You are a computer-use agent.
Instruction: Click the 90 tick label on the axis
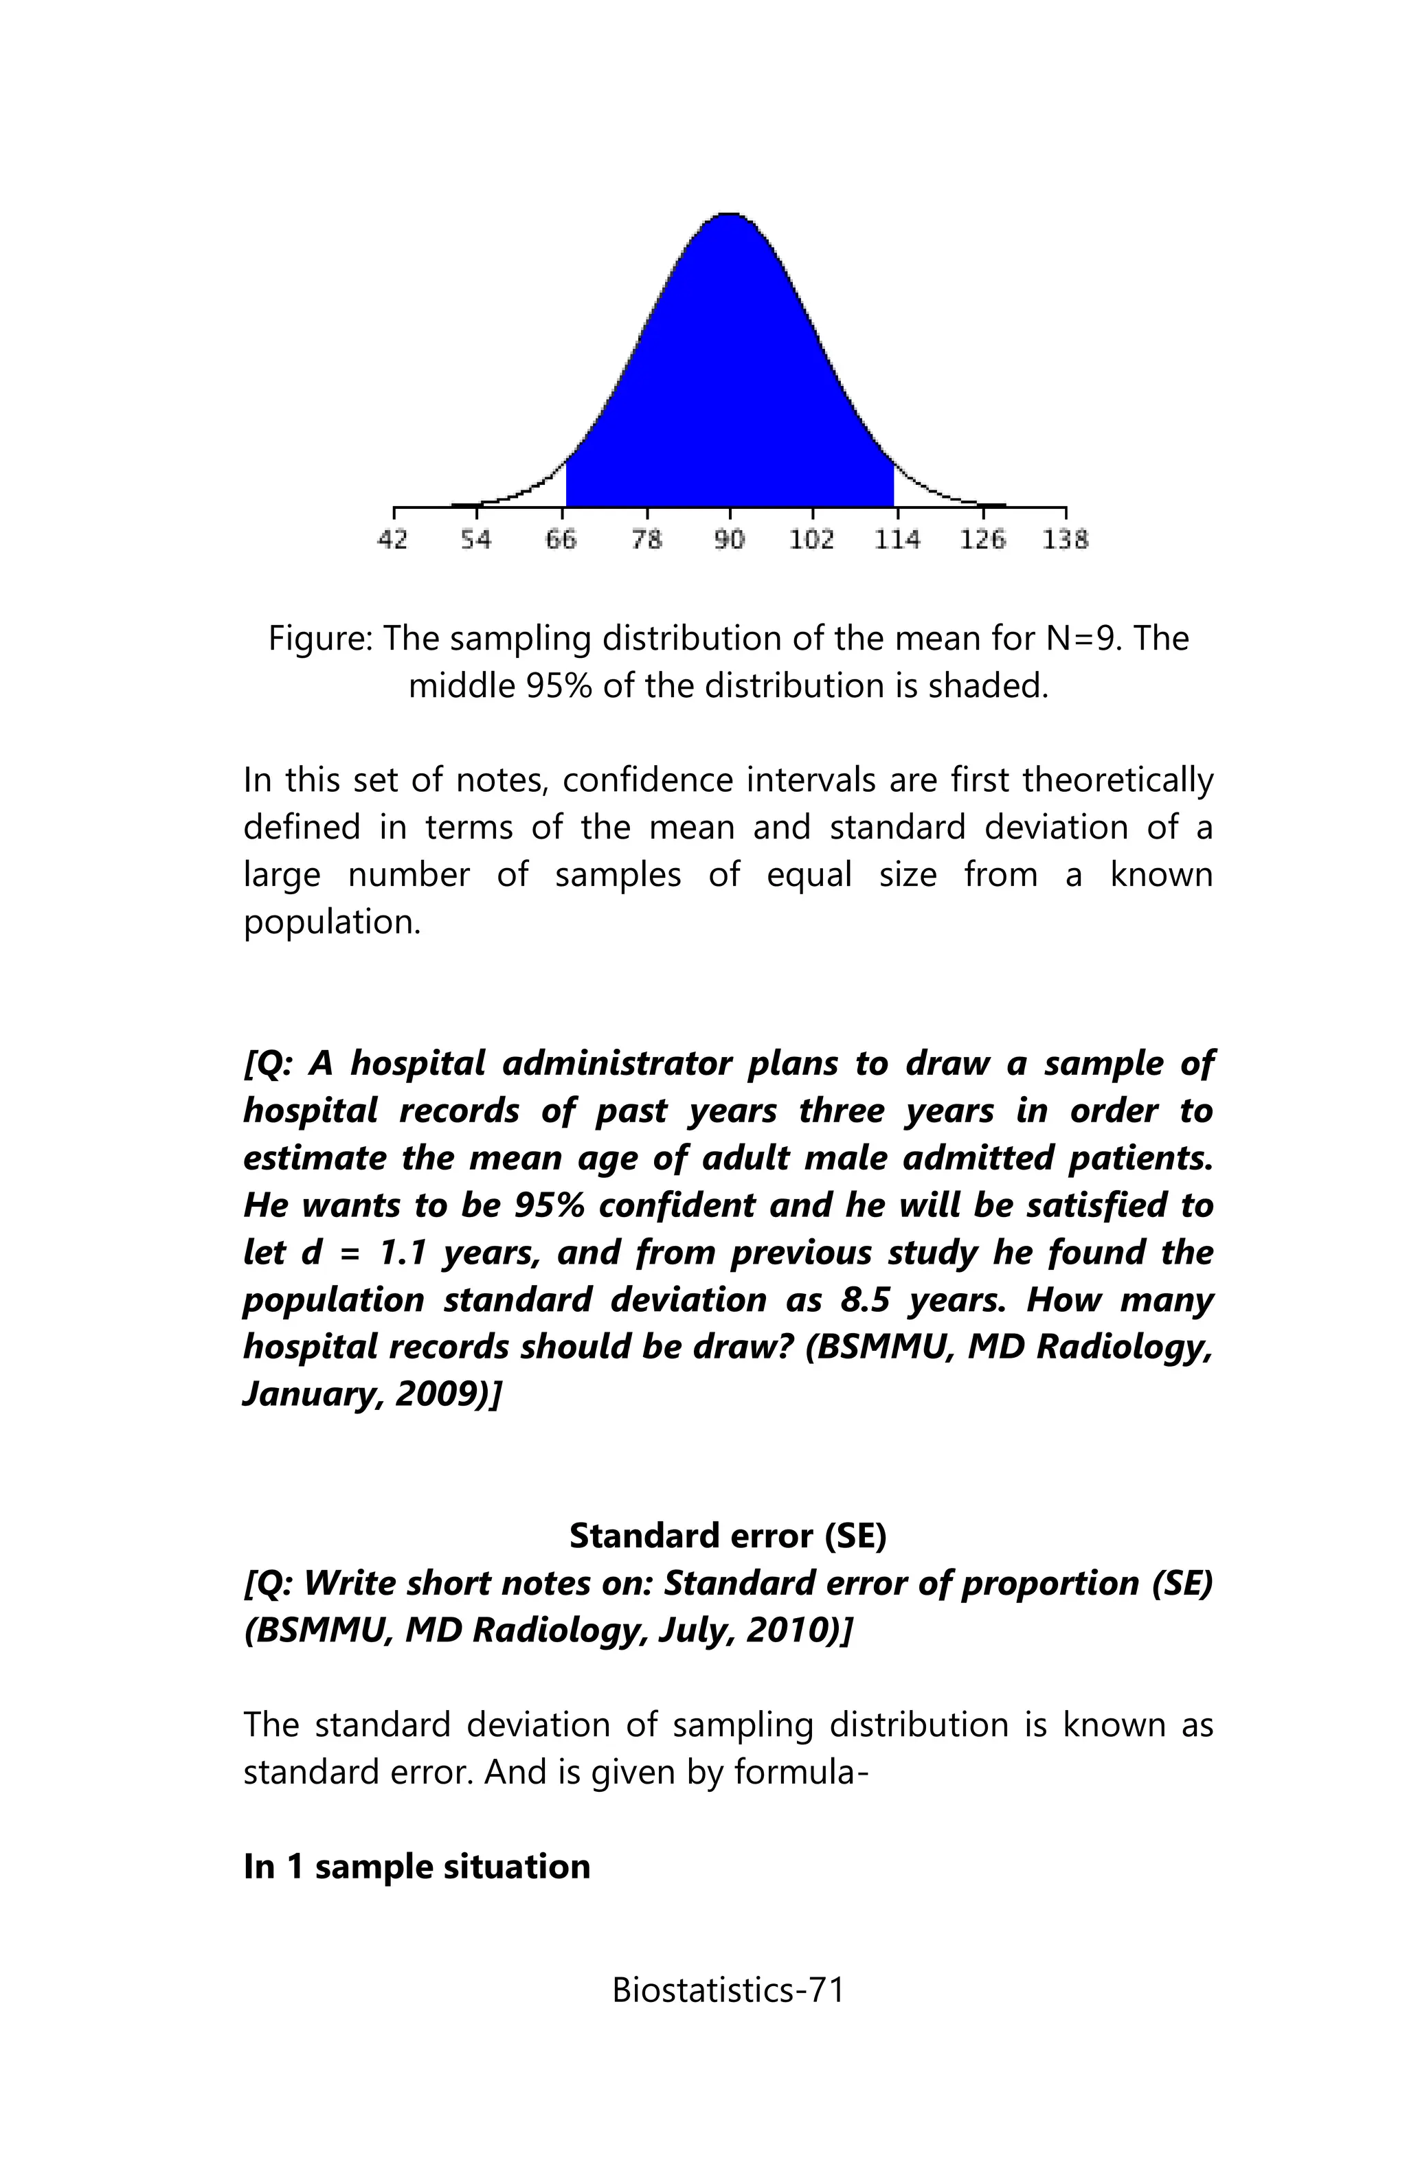point(729,540)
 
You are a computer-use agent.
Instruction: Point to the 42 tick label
point(392,540)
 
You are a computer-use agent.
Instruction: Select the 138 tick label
point(1066,540)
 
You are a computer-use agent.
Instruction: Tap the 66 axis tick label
point(561,540)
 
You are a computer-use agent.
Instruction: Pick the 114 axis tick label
point(897,540)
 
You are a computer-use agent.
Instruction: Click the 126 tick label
point(982,540)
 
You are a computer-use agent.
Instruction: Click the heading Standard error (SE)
point(728,1536)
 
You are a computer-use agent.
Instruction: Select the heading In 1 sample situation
point(416,1866)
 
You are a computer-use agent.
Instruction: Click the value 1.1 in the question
point(403,1252)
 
